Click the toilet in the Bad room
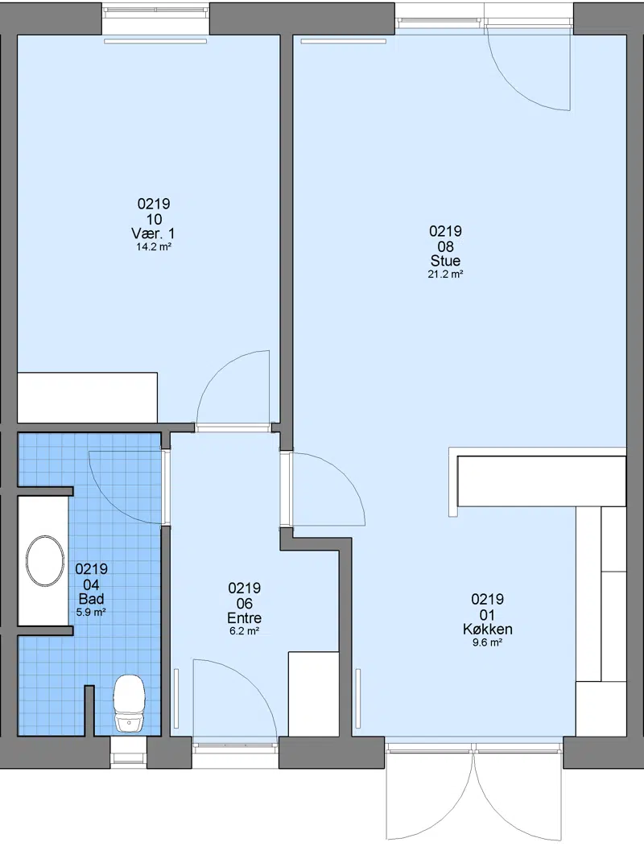pyautogui.click(x=130, y=705)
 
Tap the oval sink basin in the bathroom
pyautogui.click(x=45, y=560)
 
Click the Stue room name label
pyautogui.click(x=445, y=261)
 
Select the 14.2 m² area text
pyautogui.click(x=154, y=247)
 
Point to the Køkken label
pyautogui.click(x=487, y=629)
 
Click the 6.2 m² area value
pyautogui.click(x=245, y=631)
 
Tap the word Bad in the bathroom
pyautogui.click(x=92, y=599)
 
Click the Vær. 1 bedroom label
pyautogui.click(x=154, y=233)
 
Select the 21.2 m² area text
pyautogui.click(x=445, y=274)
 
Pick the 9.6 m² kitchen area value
pyautogui.click(x=487, y=642)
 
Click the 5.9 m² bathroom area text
pyautogui.click(x=92, y=612)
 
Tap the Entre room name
pyautogui.click(x=245, y=618)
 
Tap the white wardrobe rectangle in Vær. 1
pyautogui.click(x=88, y=398)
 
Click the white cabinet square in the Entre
pyautogui.click(x=314, y=694)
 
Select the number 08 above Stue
pyautogui.click(x=445, y=246)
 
